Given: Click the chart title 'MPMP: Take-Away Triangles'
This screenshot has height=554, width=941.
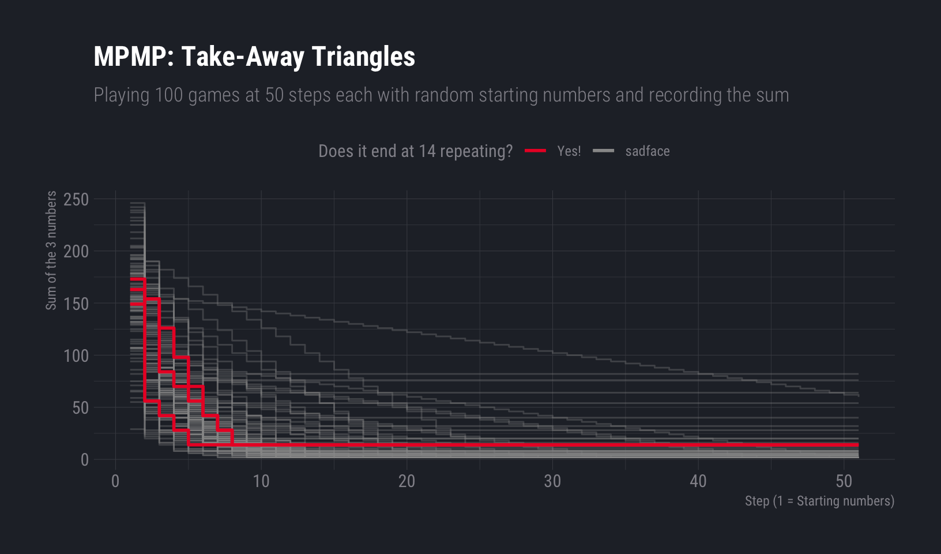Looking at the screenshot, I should pyautogui.click(x=254, y=57).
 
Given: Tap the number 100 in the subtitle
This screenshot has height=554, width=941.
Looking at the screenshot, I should pyautogui.click(x=169, y=95).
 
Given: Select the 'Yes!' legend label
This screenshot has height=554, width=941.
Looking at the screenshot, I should pyautogui.click(x=569, y=151).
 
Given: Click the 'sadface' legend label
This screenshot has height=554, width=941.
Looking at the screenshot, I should pyautogui.click(x=647, y=151).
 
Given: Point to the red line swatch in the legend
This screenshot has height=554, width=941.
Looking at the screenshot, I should pyautogui.click(x=535, y=151).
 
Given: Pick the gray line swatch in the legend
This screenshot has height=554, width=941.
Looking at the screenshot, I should pyautogui.click(x=603, y=151).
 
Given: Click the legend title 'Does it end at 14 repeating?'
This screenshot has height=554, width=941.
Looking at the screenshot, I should pyautogui.click(x=415, y=151).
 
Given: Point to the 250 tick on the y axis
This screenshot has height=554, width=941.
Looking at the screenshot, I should pyautogui.click(x=76, y=200).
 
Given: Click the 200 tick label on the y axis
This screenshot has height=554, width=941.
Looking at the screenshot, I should pyautogui.click(x=76, y=252).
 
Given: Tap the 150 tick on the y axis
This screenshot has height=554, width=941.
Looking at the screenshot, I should pyautogui.click(x=76, y=304).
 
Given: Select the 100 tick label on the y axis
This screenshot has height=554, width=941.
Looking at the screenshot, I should pyautogui.click(x=76, y=355).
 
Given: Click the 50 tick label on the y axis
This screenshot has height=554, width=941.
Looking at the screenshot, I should pyautogui.click(x=80, y=408).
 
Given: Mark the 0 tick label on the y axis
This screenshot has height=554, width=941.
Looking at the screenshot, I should pyautogui.click(x=85, y=460).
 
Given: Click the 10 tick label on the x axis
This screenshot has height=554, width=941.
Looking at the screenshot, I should pyautogui.click(x=261, y=481).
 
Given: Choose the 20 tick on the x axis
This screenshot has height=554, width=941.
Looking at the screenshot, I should pyautogui.click(x=406, y=481).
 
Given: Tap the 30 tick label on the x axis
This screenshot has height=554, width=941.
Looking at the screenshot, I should pyautogui.click(x=552, y=481).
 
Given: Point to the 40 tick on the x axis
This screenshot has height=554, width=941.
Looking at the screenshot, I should pyautogui.click(x=698, y=481).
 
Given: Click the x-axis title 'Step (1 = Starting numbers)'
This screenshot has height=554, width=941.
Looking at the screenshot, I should pyautogui.click(x=819, y=501).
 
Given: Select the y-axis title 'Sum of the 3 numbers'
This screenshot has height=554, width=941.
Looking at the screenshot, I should pyautogui.click(x=51, y=250).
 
